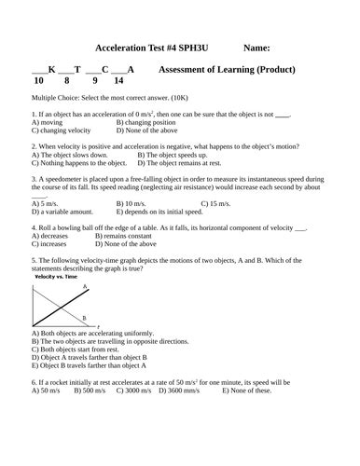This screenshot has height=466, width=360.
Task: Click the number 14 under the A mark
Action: pos(118,81)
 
